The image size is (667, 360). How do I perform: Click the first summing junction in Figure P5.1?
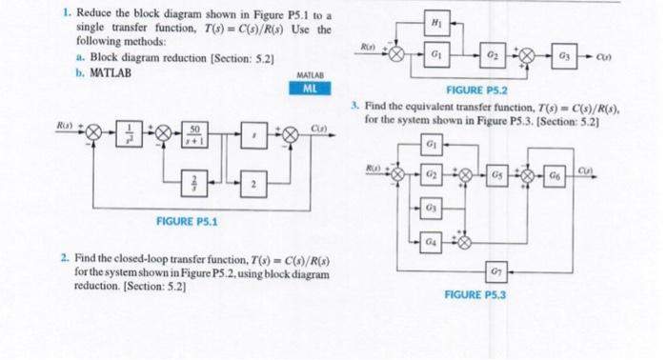pyautogui.click(x=93, y=136)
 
